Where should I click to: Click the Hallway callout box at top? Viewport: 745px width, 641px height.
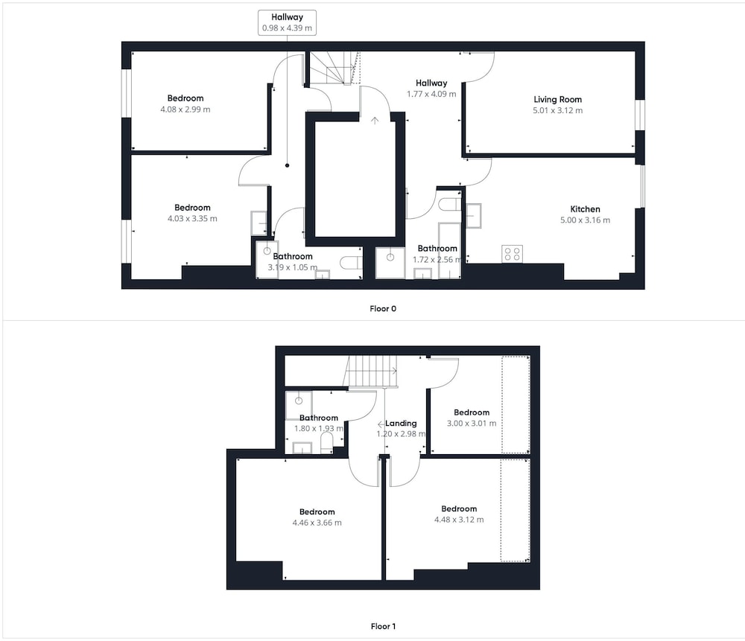point(287,22)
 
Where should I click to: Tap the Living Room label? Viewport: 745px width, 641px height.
point(557,99)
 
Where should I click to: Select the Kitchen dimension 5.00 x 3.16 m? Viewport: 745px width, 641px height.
point(585,220)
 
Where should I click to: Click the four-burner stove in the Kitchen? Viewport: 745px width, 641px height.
point(513,254)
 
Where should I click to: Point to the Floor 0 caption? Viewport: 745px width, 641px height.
point(383,309)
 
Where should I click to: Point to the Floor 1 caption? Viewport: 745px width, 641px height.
point(383,626)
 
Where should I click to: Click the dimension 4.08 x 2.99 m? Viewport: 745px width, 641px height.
point(186,109)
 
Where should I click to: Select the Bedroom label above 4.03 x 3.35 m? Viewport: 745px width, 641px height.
point(192,208)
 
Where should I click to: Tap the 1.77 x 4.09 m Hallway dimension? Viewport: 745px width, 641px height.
point(431,94)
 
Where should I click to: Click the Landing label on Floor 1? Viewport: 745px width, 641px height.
point(401,423)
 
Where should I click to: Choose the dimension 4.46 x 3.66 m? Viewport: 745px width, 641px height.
point(317,523)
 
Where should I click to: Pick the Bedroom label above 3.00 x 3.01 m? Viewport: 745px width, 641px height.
point(472,412)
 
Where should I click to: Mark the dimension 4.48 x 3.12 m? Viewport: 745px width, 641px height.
point(459,520)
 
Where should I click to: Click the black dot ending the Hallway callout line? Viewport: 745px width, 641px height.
point(287,165)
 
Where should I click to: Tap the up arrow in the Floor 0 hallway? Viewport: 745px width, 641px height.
point(375,121)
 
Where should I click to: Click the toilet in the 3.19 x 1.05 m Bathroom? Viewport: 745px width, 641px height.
point(352,263)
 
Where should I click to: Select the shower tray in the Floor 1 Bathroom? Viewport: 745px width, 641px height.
point(299,405)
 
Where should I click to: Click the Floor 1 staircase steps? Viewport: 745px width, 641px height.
point(370,371)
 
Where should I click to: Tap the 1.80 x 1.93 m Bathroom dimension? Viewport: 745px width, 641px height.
point(319,428)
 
